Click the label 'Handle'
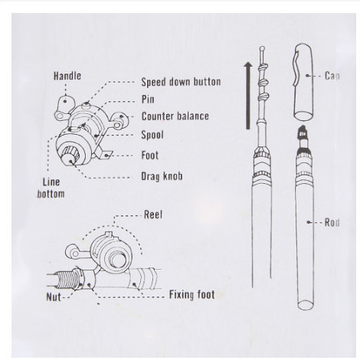tap(67, 76)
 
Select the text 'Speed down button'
tap(181, 82)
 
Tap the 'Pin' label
tap(149, 100)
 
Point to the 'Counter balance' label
tap(175, 117)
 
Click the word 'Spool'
tap(152, 136)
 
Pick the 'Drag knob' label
tap(162, 176)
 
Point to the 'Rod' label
tap(332, 223)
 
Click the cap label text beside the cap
tap(332, 76)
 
